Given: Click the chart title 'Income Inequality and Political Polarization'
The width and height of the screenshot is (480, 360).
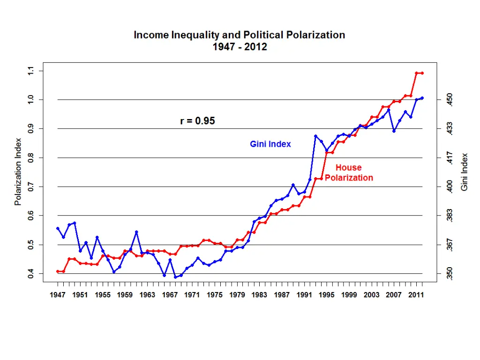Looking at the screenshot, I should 240,35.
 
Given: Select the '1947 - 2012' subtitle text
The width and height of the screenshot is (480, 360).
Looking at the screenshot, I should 240,47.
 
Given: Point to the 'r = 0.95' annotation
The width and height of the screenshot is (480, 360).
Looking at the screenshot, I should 197,121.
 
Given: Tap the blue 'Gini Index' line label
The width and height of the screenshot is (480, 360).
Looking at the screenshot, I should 270,144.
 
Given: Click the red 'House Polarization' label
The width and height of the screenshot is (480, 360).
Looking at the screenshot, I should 349,172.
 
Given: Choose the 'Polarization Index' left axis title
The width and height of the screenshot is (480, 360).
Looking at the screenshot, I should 18,172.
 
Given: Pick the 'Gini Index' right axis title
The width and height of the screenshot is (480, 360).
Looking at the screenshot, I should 464,172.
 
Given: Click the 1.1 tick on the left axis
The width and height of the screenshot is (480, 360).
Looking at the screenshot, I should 31,71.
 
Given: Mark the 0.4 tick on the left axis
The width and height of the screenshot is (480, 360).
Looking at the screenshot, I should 31,273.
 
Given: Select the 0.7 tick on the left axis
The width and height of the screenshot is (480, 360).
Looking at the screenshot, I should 31,187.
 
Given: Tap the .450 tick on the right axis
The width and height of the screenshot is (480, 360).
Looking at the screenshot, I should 450,100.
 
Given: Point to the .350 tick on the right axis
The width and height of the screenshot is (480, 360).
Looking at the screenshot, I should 450,273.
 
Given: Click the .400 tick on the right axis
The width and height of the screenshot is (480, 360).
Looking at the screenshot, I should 450,187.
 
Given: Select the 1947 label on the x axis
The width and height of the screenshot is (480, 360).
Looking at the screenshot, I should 58,295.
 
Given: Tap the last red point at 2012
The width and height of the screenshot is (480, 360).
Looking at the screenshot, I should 422,73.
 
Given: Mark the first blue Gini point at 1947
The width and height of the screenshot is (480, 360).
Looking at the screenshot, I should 58,228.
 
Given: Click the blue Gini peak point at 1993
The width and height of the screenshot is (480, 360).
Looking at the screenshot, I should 315,136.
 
